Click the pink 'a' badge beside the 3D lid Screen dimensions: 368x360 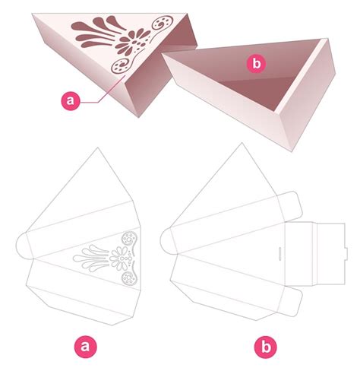(x=71, y=99)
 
